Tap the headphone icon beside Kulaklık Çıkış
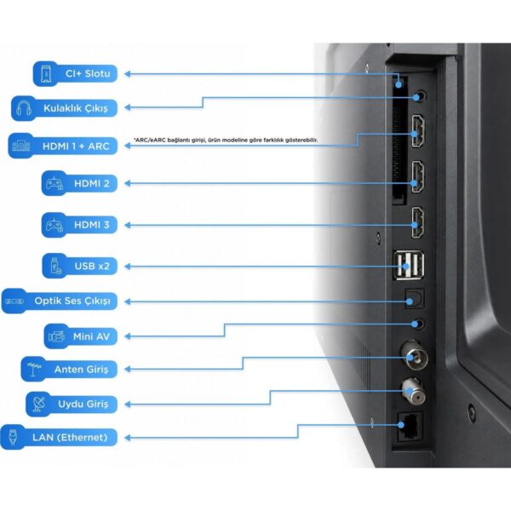point(24,108)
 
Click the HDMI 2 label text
point(92,183)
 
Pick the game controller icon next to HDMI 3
point(55,225)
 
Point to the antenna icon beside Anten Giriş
point(34,370)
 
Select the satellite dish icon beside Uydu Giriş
point(39,404)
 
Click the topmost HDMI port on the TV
point(418,131)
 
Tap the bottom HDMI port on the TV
point(418,222)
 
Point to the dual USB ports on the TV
point(409,265)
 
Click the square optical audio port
point(415,299)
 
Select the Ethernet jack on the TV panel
point(410,427)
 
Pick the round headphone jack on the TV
point(420,96)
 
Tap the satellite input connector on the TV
point(414,392)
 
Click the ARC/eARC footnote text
point(226,141)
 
